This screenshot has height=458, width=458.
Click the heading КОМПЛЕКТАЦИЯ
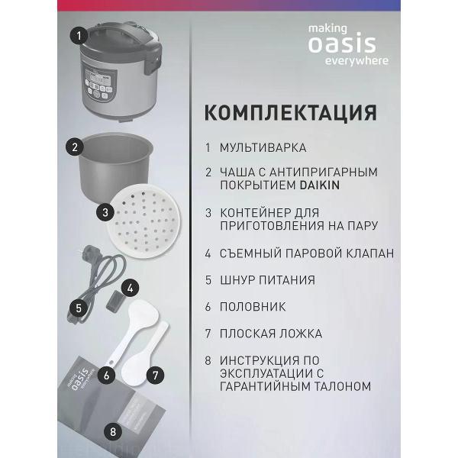[291, 112]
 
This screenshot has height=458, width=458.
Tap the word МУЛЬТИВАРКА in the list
[263, 147]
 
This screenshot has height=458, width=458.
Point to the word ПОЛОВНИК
[253, 307]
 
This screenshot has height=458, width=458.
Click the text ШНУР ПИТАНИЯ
[267, 280]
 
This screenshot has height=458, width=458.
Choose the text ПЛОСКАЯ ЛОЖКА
[271, 334]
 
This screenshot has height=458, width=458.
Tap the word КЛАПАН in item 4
[370, 253]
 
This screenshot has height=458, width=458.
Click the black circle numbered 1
[79, 36]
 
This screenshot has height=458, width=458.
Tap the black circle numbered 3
[105, 212]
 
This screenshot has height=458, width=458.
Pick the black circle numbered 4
[131, 289]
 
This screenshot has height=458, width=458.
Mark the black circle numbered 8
[113, 432]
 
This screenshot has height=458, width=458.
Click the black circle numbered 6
[106, 375]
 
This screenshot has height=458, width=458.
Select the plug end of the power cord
[89, 254]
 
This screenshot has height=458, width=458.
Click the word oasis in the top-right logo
[342, 44]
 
